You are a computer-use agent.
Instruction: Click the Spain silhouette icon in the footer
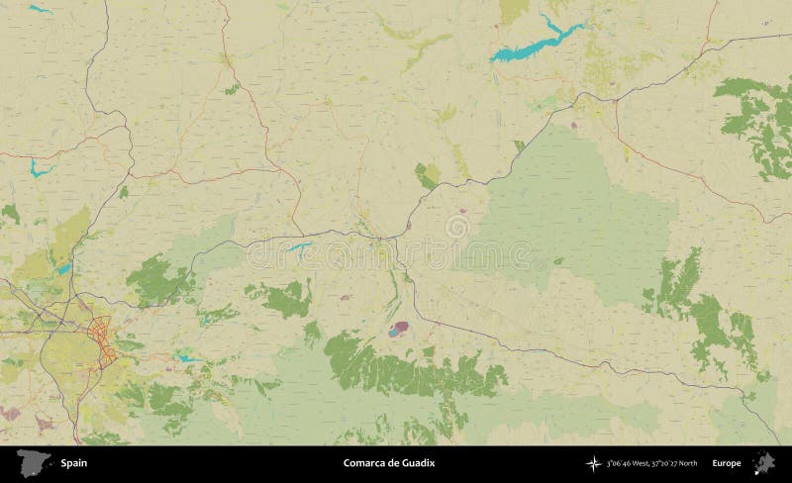(35, 462)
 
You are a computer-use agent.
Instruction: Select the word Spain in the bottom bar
(72, 463)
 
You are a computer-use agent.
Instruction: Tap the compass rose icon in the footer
(593, 463)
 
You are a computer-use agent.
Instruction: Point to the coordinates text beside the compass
(650, 463)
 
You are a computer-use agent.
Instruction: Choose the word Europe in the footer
(726, 463)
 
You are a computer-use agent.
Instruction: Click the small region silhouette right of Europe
(763, 462)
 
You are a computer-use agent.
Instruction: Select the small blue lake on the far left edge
(39, 168)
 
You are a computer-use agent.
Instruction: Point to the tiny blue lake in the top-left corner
(40, 10)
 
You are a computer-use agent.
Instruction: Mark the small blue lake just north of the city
(64, 268)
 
